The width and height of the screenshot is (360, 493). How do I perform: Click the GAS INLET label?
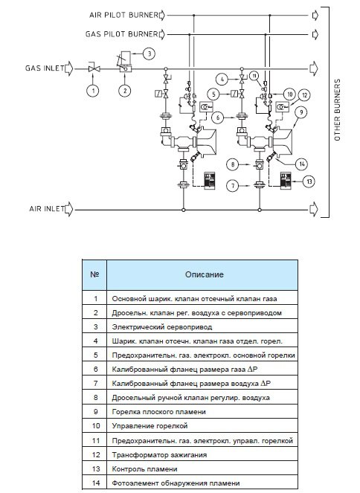point(45,68)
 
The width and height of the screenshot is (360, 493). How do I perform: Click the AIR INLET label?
point(47,209)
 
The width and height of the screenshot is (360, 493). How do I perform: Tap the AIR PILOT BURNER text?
point(123,15)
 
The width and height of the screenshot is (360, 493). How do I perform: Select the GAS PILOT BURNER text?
point(122,34)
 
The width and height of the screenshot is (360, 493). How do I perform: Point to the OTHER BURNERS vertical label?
point(337,110)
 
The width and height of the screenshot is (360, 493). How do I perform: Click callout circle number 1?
point(94,91)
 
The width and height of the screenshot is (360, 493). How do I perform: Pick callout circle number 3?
point(149,54)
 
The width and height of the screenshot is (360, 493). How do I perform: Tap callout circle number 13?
point(309,181)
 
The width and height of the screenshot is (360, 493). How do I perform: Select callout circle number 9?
point(301,112)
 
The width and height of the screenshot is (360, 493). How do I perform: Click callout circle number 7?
point(233,185)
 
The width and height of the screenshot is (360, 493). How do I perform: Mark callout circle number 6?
point(218,117)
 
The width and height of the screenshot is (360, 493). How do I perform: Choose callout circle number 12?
point(304,95)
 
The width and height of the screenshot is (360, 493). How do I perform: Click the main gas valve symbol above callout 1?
point(94,68)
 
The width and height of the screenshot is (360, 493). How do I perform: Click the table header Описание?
point(205,274)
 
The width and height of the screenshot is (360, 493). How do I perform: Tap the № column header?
point(94,274)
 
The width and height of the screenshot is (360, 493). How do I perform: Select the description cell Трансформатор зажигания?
point(159,454)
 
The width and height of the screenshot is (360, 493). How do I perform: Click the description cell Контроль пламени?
point(144,469)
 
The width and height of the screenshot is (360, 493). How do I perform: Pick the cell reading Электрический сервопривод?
point(162,327)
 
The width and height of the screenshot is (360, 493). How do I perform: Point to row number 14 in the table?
point(96,483)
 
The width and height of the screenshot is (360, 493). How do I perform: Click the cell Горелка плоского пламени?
point(158,412)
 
